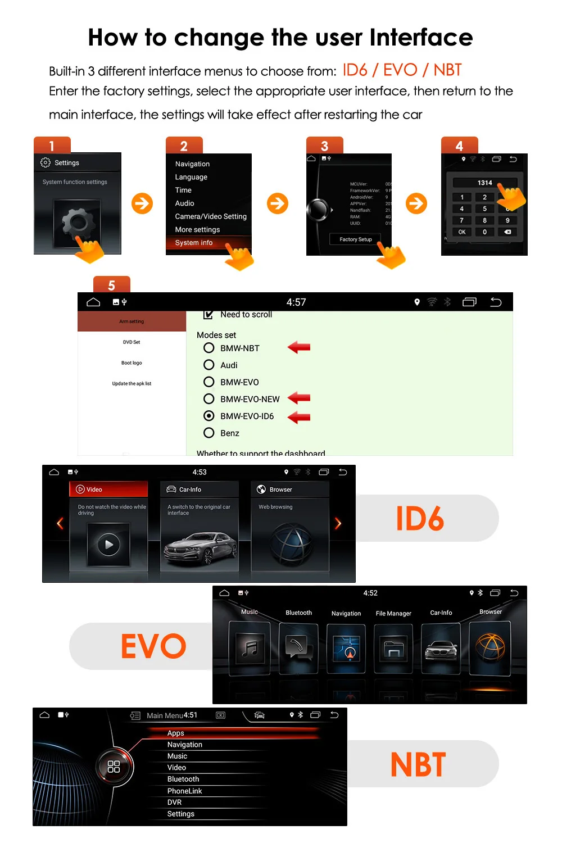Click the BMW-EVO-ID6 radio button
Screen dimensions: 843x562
(209, 416)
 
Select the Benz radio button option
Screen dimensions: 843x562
(209, 433)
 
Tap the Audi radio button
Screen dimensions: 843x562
(209, 365)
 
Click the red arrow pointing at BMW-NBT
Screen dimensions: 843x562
(299, 347)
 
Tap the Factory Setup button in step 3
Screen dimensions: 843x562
(356, 239)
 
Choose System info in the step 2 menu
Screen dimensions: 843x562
(194, 243)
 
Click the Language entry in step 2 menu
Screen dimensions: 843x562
(191, 177)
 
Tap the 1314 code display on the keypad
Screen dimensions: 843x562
(484, 183)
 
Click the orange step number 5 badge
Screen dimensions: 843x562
(111, 285)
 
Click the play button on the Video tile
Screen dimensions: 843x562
(108, 544)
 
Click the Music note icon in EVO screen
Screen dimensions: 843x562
(250, 649)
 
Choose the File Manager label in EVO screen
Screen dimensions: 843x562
(393, 613)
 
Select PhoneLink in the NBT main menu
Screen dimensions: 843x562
(184, 791)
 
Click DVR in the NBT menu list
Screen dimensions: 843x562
(174, 802)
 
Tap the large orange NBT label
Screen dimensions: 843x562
(418, 764)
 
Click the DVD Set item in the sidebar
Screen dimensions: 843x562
(132, 342)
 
